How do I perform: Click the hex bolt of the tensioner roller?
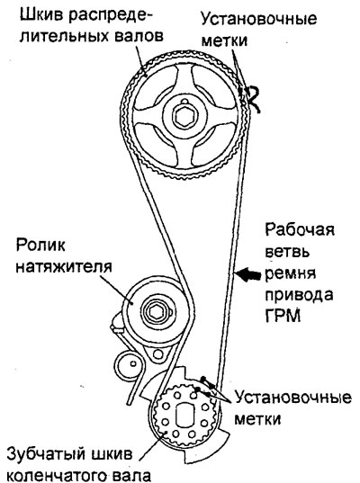click(154, 312)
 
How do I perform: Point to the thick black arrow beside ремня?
click(250, 274)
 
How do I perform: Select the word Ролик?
click(40, 246)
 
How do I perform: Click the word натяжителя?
click(64, 267)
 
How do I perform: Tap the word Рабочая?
click(300, 229)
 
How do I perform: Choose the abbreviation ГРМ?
click(283, 316)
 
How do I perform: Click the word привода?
click(300, 295)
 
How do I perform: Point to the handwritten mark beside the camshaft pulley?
click(254, 98)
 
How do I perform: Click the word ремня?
click(291, 273)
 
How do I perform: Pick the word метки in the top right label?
click(224, 40)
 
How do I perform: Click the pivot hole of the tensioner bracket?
click(158, 354)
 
